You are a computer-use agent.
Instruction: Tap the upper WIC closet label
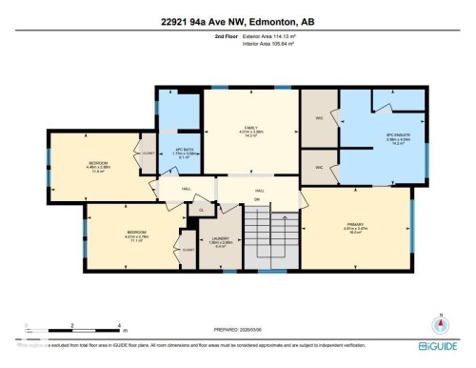coord(321,119)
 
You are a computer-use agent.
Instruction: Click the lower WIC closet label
coord(321,166)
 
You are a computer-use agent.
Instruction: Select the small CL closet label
coord(201,209)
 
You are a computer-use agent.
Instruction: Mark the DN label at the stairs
coord(256,199)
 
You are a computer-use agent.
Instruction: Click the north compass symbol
coord(440,322)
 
